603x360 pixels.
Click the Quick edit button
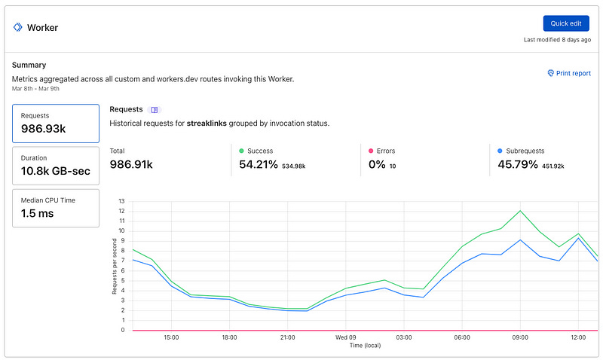pyautogui.click(x=565, y=23)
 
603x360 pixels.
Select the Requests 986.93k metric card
pyautogui.click(x=56, y=124)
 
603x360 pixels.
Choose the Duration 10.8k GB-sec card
pyautogui.click(x=56, y=166)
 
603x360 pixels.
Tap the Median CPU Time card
pyautogui.click(x=56, y=207)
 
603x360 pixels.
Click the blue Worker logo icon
pyautogui.click(x=17, y=27)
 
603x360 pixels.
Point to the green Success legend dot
pyautogui.click(x=242, y=151)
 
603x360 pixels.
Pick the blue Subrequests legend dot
pyautogui.click(x=500, y=151)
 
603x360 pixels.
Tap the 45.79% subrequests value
pyautogui.click(x=518, y=164)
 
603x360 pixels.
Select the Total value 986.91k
pyautogui.click(x=131, y=164)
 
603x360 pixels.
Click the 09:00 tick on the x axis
pyautogui.click(x=519, y=337)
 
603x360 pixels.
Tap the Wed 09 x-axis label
pyautogui.click(x=346, y=337)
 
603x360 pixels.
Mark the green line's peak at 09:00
pyautogui.click(x=519, y=211)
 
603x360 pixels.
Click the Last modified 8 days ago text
pyautogui.click(x=556, y=39)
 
